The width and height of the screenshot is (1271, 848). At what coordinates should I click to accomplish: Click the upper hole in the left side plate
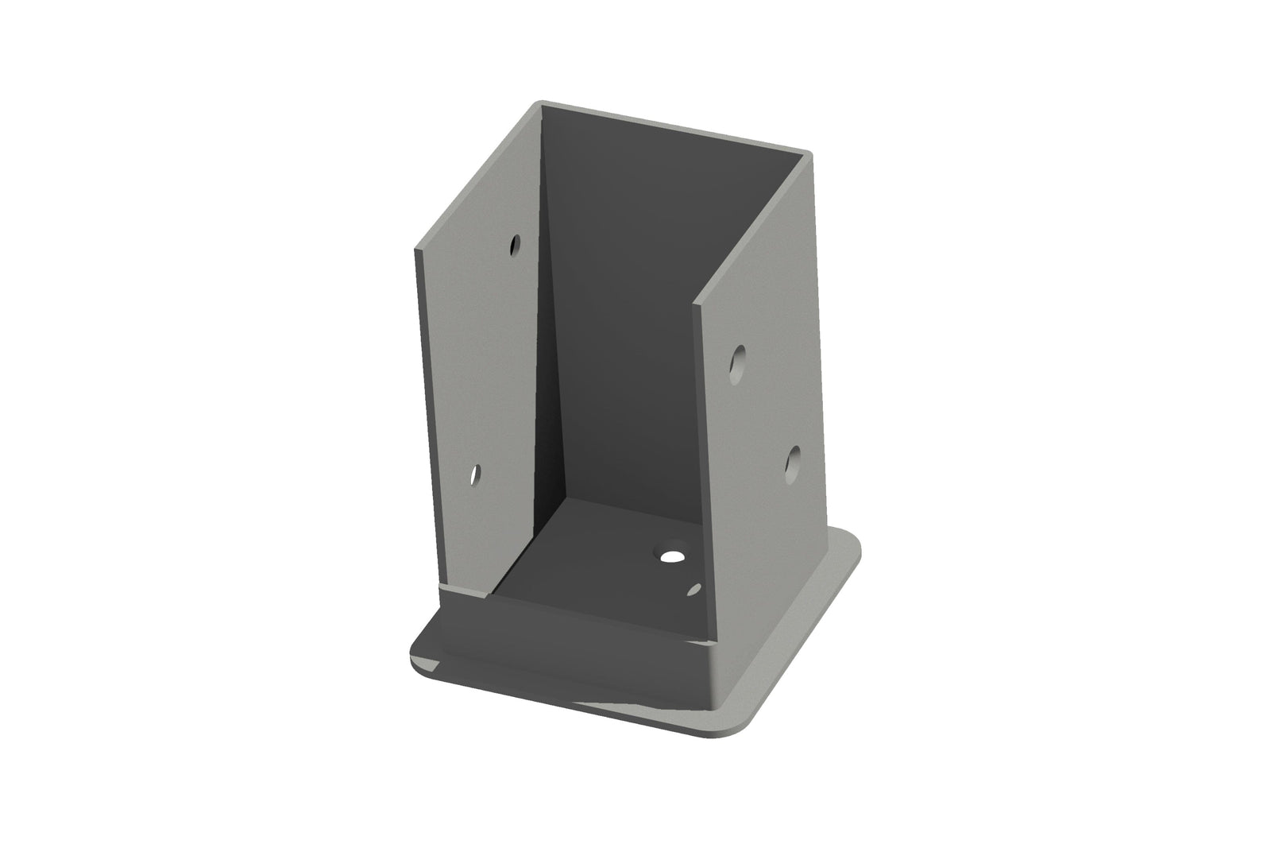516,244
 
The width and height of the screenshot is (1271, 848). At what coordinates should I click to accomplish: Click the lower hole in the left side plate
474,475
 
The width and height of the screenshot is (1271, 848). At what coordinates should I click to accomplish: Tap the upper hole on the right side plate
740,360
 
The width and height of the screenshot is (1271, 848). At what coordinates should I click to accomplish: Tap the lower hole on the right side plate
792,464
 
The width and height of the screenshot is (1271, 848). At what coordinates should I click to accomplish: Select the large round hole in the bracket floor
673,556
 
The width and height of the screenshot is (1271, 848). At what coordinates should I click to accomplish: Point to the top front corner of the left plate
415,250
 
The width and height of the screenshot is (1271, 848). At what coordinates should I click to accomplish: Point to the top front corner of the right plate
696,303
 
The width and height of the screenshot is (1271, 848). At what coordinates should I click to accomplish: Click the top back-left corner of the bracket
541,103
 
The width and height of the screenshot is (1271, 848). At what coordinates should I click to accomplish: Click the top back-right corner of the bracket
810,153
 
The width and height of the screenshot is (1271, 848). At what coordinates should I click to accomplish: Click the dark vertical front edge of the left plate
428,413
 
